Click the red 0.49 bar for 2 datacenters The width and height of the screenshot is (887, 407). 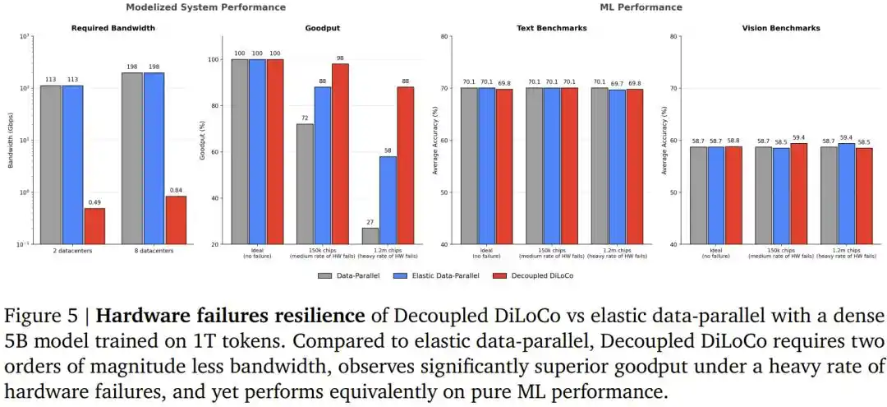pos(94,226)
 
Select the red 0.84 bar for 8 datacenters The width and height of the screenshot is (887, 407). pos(176,220)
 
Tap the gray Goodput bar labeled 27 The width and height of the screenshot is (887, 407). pos(370,236)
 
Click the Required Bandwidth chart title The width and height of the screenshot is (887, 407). pos(114,28)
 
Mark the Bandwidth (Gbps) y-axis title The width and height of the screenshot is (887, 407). pos(11,141)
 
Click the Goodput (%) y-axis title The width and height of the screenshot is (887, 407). pos(203,141)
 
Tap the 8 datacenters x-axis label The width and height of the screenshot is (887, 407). pos(154,251)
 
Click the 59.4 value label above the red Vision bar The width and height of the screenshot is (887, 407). pos(799,137)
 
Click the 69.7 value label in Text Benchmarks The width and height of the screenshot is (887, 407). pos(617,83)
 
